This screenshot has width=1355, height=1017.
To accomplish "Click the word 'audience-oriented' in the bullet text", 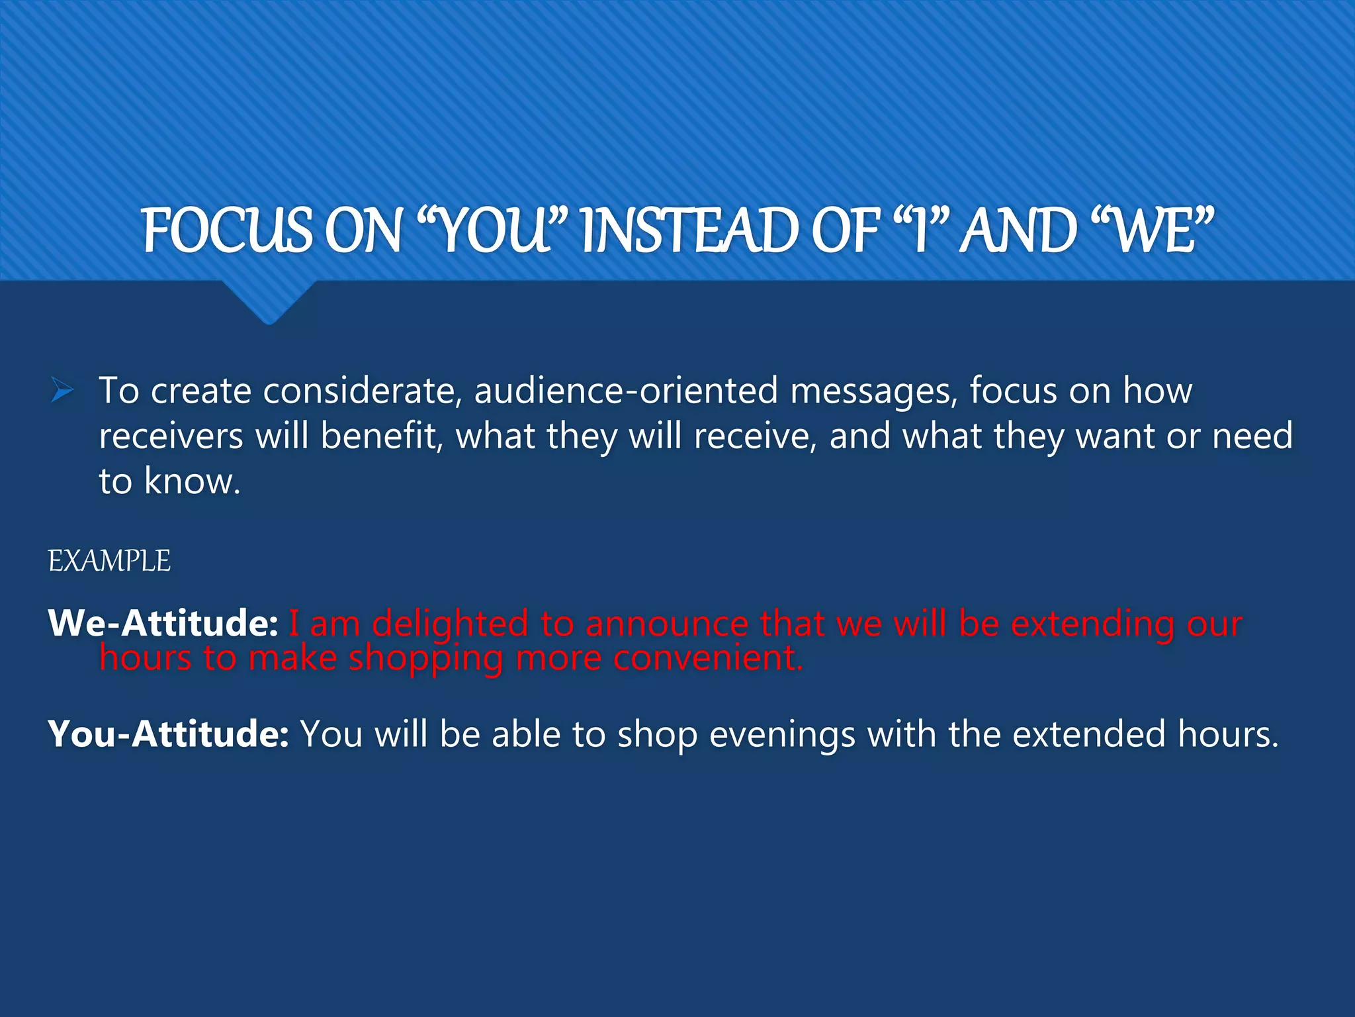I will point(626,391).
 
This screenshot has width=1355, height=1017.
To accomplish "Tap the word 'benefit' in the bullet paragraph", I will point(382,436).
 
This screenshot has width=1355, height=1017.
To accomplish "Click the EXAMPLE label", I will point(109,561).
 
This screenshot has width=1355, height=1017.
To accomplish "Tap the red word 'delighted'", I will point(450,623).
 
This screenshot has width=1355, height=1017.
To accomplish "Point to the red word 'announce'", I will point(666,623).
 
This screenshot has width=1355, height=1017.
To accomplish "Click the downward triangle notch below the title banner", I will point(269,301).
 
